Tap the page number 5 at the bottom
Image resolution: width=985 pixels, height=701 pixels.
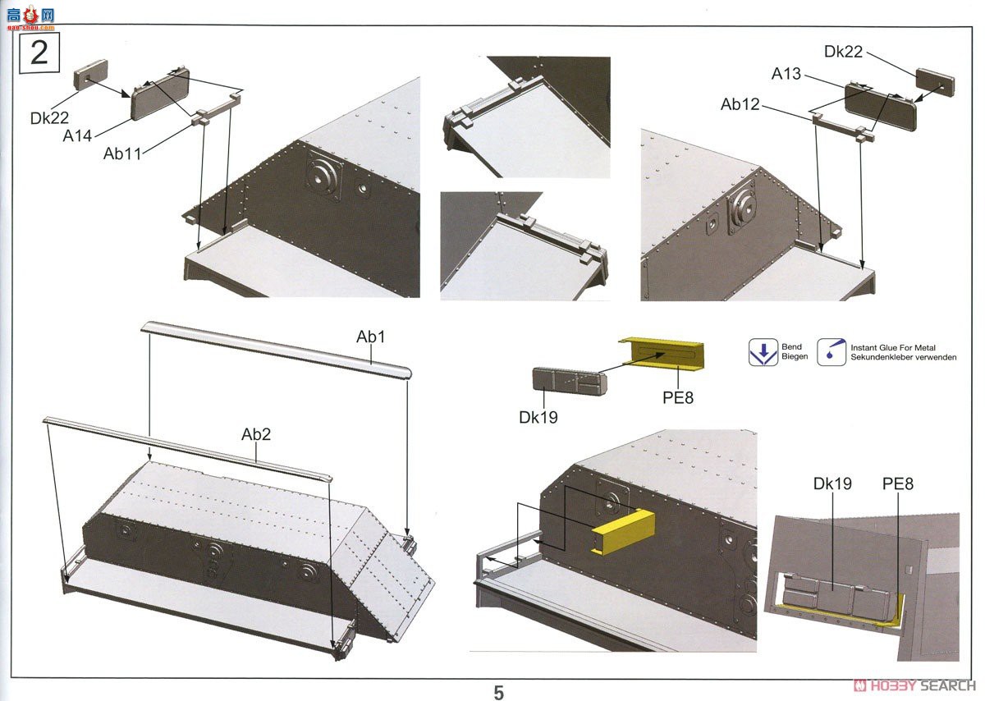(499, 692)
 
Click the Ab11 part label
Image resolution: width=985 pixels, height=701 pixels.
(122, 153)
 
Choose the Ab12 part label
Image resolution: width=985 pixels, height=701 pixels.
(740, 104)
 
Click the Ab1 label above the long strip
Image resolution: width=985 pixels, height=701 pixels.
(371, 337)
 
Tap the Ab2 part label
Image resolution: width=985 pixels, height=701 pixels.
(256, 434)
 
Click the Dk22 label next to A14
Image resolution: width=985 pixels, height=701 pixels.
(50, 118)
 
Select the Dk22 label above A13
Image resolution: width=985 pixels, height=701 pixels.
(844, 51)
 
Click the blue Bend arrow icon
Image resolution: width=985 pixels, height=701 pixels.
(763, 352)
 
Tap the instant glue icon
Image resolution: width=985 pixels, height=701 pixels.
(831, 352)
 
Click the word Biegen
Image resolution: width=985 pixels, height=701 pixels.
(795, 357)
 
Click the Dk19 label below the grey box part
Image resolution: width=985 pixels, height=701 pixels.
(538, 417)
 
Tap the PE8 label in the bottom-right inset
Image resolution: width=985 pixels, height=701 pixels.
(897, 483)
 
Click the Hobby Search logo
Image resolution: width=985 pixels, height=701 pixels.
(914, 685)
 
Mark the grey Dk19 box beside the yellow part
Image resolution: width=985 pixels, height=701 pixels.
(569, 382)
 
